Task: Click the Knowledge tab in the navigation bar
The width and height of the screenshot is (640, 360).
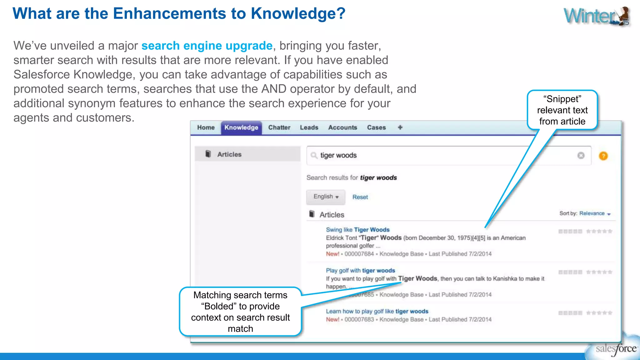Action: [x=241, y=127]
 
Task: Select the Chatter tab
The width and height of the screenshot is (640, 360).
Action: [x=279, y=127]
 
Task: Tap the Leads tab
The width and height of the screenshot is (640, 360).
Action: [x=309, y=127]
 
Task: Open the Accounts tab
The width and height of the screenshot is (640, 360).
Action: [x=342, y=127]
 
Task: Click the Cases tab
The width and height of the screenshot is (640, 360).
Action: [x=376, y=127]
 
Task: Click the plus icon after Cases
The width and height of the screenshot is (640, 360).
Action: [x=400, y=127]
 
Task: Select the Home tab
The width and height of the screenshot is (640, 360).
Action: [x=206, y=127]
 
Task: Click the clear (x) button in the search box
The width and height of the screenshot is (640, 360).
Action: [x=581, y=155]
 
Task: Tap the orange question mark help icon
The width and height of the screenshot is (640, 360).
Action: [x=603, y=156]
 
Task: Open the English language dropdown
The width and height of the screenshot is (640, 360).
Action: [x=326, y=197]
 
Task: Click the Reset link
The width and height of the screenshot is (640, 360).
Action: [x=360, y=197]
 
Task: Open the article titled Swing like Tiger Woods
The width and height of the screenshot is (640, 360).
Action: [x=357, y=230]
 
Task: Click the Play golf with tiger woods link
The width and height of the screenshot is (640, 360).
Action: [x=360, y=271]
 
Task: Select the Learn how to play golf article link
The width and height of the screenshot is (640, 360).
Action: [x=377, y=311]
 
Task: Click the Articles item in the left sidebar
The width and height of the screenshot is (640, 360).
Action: [x=229, y=154]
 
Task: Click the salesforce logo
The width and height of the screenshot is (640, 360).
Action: [x=615, y=348]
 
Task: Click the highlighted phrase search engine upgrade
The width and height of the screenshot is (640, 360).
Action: [x=207, y=46]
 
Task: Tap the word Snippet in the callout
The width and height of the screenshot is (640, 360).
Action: [x=562, y=99]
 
